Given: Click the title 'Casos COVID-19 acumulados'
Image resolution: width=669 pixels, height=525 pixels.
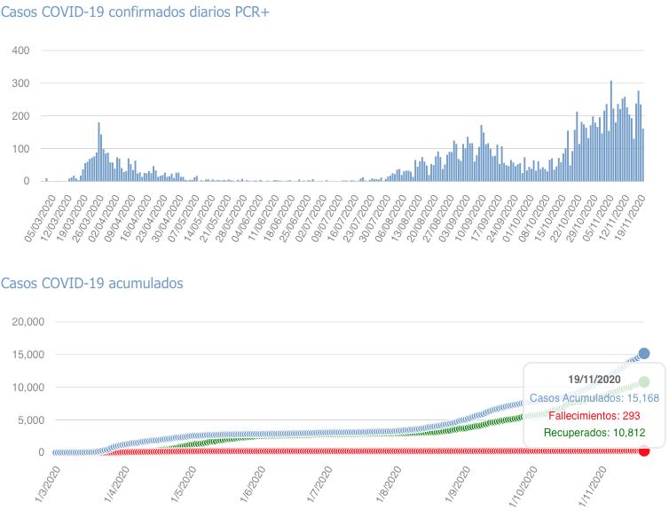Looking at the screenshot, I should [92, 283].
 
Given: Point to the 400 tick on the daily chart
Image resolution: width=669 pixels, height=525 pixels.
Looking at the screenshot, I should [20, 51].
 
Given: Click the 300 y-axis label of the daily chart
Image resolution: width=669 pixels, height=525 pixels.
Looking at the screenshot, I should [20, 83].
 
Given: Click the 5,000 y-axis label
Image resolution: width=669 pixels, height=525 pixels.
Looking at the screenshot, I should [28, 419].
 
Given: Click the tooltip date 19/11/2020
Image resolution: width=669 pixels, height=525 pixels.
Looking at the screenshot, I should [594, 380].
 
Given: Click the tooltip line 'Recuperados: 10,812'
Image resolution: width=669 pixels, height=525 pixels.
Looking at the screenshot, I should [594, 433].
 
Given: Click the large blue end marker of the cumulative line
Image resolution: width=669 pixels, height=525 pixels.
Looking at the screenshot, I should [644, 354].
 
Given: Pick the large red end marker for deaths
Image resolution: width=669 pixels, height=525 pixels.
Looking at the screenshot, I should [644, 451].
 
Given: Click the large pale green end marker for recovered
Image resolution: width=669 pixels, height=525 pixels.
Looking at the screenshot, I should [644, 381].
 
